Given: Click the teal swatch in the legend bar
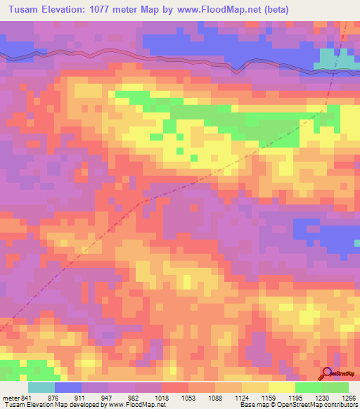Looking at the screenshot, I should [41, 387].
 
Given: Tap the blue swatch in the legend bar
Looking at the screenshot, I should [68, 387].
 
